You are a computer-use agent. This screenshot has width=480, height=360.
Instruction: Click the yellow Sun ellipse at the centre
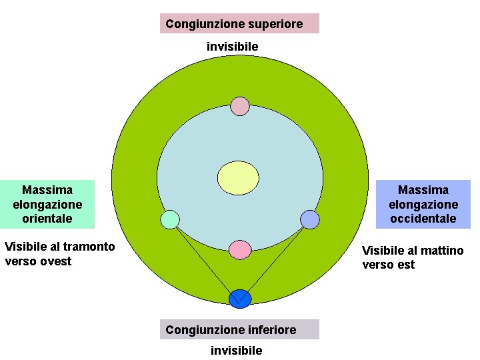tap(239, 178)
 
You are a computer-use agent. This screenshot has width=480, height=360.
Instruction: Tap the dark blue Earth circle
tap(239, 299)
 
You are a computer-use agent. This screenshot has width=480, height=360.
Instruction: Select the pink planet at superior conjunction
tap(240, 106)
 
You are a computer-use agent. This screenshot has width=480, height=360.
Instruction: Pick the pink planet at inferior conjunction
tap(240, 249)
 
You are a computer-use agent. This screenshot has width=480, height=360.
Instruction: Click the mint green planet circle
tap(171, 219)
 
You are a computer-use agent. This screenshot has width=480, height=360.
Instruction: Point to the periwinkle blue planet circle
tap(310, 219)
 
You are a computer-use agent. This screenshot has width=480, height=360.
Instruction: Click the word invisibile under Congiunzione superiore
tap(232, 47)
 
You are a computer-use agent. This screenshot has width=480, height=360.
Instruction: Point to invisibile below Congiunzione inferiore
tap(236, 350)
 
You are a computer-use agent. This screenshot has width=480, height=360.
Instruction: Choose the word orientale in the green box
tap(47, 218)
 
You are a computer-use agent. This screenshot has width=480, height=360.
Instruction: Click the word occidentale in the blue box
tap(423, 218)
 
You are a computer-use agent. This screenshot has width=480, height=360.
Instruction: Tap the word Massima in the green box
tap(47, 190)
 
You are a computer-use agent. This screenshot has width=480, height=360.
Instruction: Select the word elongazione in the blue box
tap(423, 204)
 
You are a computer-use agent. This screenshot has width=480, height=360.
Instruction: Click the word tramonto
tap(89, 247)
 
